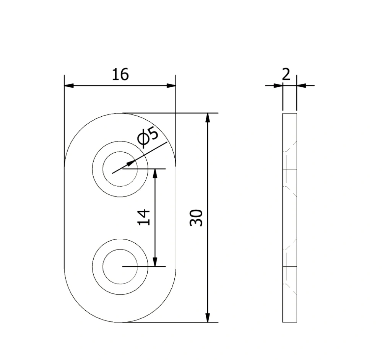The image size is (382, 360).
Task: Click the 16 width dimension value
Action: tap(120, 75)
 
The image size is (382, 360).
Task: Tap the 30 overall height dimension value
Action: tap(196, 218)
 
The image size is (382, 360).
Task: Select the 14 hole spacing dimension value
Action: tap(144, 217)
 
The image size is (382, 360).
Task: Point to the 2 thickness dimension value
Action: tap(286, 74)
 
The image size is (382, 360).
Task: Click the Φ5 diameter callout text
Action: tap(148, 137)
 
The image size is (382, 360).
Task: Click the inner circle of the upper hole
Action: tap(102, 169)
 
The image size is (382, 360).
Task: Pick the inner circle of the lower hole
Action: tap(102, 267)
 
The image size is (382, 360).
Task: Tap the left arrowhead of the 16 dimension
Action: tap(69, 86)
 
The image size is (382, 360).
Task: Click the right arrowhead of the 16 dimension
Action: tap(171, 86)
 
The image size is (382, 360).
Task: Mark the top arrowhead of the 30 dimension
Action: tap(208, 118)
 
